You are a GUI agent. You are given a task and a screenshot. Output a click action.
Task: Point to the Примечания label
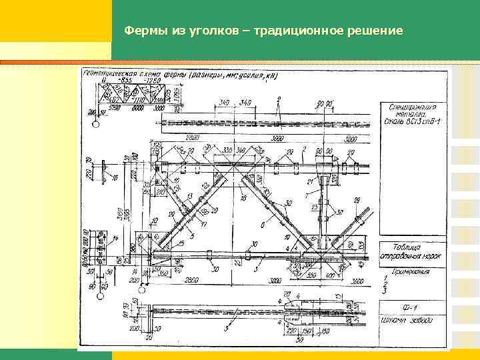407,271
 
